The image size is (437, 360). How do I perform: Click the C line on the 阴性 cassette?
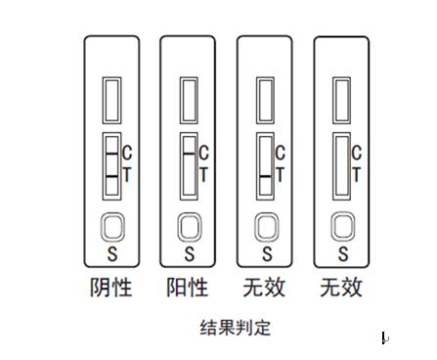pos(112,154)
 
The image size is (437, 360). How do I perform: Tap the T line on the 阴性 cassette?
pos(112,176)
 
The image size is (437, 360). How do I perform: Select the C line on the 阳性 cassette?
pos(189,153)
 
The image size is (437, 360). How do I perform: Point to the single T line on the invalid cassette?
pos(266,176)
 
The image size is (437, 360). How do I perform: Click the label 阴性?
pos(111,288)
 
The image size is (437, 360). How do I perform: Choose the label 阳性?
pos(188,288)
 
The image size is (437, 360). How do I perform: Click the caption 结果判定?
pos(236,328)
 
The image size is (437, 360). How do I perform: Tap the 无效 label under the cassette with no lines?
pos(341,288)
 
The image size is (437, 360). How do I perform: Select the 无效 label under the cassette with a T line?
pos(264,288)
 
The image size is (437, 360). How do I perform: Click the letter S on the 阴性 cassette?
pos(112,253)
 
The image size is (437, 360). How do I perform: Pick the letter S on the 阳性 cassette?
pos(190,253)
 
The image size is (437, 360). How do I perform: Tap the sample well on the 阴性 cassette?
pos(112,227)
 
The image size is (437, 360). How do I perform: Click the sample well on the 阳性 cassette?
pos(190,227)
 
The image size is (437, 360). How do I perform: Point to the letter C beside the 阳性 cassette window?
pos(203,153)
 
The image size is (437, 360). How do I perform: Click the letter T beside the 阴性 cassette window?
pos(127,174)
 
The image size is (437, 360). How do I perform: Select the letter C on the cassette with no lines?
pos(357,153)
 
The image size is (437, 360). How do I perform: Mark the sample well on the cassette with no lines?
pos(343,226)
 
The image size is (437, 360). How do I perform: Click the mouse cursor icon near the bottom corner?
pos(384,338)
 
